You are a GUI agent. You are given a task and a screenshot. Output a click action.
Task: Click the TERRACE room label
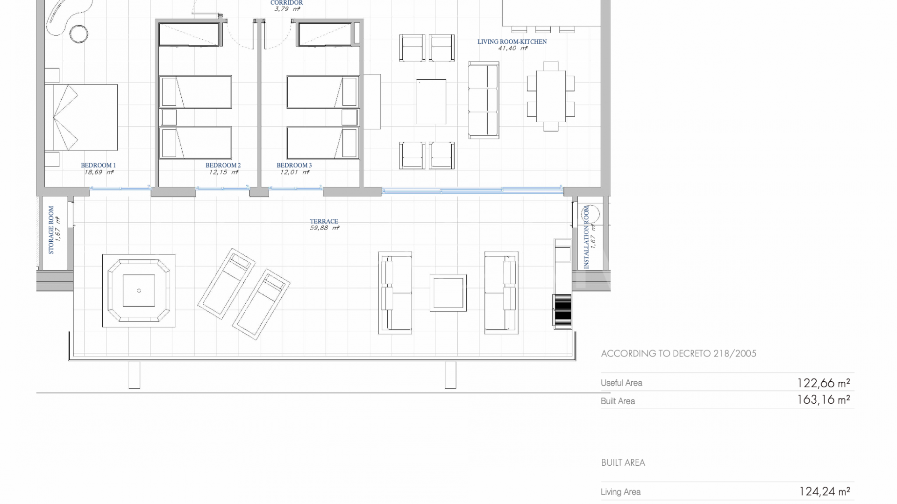point(324,221)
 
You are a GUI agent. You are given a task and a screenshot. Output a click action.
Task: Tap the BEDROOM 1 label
point(98,165)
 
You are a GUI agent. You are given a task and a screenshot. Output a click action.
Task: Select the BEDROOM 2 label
point(223,165)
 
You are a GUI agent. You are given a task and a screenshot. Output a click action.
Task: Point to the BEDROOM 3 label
point(294,165)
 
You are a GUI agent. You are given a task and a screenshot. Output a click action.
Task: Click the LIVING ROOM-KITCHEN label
point(512,42)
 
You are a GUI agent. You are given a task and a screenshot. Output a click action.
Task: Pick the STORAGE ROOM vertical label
point(51,230)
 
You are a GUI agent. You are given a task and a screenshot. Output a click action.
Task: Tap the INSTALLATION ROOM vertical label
point(586,238)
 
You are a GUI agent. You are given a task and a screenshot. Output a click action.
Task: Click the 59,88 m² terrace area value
point(324,228)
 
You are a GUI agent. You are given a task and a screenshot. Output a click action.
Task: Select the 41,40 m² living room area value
point(513,48)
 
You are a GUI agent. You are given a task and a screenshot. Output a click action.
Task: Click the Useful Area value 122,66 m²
point(823,383)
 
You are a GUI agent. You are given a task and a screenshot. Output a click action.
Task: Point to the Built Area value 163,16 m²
point(823,400)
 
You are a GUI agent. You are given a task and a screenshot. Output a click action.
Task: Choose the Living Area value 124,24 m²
point(824,491)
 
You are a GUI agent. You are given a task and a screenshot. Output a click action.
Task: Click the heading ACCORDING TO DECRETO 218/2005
point(678,354)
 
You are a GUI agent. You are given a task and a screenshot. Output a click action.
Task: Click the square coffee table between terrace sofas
point(448,293)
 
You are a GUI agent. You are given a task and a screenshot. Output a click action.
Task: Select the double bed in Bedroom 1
point(81,117)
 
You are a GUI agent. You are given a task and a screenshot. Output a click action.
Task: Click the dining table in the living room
point(551,96)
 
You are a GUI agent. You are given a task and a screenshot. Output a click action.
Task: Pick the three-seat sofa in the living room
point(484,100)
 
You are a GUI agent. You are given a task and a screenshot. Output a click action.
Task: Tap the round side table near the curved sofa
point(79,34)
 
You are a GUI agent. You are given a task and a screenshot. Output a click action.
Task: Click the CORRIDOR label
point(286,3)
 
